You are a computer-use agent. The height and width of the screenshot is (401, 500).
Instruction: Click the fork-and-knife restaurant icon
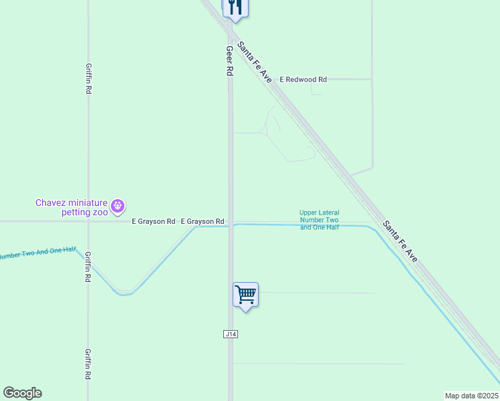click(235, 7)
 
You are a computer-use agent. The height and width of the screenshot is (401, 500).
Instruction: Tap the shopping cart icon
click(245, 294)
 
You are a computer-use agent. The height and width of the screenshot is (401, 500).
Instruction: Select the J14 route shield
click(231, 333)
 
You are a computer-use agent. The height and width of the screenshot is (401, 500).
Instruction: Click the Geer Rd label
click(229, 60)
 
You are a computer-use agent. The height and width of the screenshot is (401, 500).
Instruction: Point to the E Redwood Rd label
click(303, 80)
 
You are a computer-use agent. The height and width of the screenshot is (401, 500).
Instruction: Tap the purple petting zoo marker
click(118, 206)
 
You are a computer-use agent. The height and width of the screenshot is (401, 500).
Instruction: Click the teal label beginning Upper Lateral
click(319, 220)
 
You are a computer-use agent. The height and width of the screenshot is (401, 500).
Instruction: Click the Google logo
click(22, 393)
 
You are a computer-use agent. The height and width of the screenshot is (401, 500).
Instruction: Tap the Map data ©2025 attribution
click(471, 396)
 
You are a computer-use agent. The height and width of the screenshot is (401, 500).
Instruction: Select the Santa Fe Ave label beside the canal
click(400, 240)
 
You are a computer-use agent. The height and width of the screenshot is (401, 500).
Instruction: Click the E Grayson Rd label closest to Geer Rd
click(202, 221)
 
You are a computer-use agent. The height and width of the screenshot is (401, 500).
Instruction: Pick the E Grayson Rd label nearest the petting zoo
click(153, 221)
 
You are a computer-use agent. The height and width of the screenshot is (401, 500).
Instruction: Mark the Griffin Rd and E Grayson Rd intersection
click(88, 221)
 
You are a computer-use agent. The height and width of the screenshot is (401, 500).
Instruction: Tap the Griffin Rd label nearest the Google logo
click(88, 364)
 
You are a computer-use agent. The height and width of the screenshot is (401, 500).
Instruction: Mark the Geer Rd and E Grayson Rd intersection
click(231, 221)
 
